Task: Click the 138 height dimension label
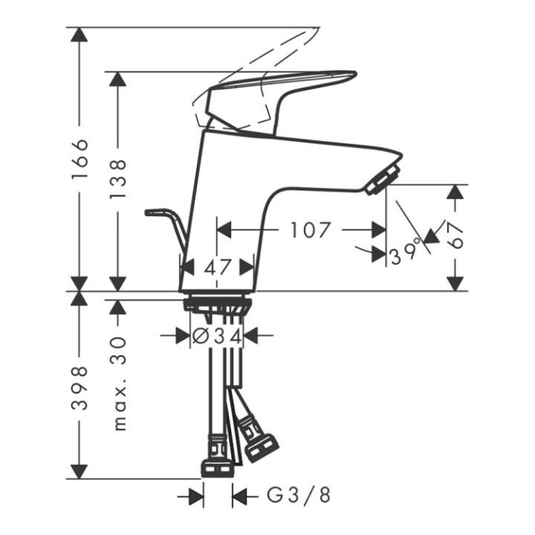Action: (117, 179)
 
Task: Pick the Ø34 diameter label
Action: (217, 337)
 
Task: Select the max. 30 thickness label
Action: (117, 381)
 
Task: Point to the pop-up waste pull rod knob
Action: (153, 213)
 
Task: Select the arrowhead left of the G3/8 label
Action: (195, 495)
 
